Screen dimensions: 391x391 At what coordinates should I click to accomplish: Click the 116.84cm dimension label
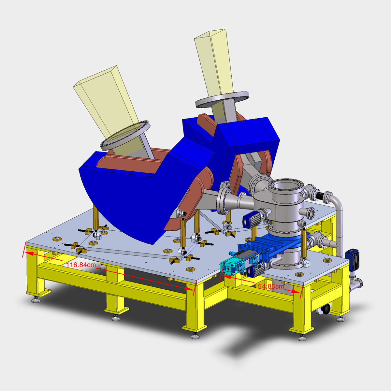click(81, 265)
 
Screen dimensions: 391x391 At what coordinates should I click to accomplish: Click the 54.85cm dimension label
click(271, 286)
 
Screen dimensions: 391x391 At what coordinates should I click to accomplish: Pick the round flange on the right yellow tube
click(222, 100)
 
